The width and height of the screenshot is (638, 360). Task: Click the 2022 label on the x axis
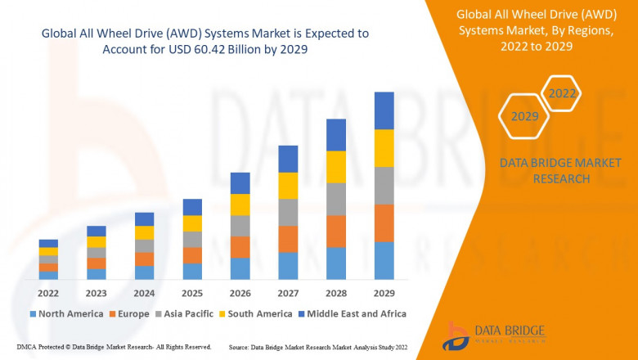click(48, 294)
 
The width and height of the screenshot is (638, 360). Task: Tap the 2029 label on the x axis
click(384, 294)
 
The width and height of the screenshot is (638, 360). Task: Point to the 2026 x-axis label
click(240, 294)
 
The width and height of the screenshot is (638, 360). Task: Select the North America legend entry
click(66, 313)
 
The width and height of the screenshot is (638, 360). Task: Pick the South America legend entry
click(256, 313)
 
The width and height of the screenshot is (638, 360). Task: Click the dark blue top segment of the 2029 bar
click(384, 110)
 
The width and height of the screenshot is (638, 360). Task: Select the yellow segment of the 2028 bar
click(336, 167)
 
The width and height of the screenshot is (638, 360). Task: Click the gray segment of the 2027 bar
click(288, 212)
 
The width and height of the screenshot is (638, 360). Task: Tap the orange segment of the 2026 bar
click(240, 247)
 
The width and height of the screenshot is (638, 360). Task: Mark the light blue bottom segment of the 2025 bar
click(192, 272)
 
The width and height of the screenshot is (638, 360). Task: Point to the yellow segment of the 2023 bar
click(97, 242)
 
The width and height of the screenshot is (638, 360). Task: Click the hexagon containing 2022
click(561, 94)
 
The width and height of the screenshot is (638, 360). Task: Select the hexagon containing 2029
click(524, 117)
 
